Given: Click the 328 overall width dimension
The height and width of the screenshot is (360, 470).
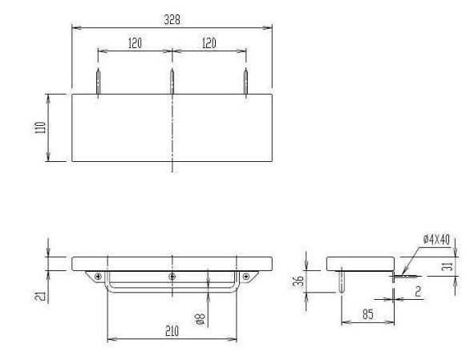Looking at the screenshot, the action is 172,20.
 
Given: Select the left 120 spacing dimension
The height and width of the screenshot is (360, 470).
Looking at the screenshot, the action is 135,43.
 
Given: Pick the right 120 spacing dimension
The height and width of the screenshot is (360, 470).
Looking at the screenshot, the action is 209,43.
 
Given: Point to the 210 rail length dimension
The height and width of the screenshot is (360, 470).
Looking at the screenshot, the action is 172,331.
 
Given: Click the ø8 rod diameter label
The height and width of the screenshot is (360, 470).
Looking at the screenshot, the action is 201,318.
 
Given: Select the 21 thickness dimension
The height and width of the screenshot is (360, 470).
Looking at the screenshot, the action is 41,296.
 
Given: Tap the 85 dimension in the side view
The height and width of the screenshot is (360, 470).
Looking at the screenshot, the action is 368,314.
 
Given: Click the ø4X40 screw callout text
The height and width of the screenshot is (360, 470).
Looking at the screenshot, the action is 437,240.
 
